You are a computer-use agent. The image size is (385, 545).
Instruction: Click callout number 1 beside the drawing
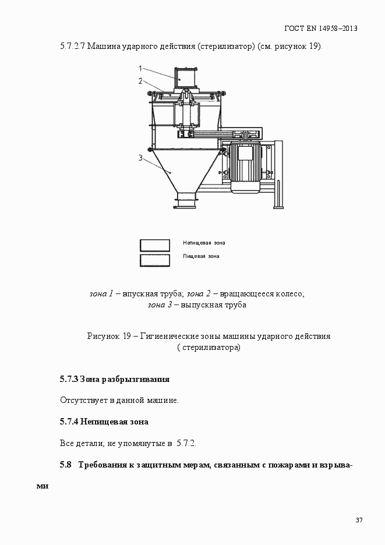pos(140,68)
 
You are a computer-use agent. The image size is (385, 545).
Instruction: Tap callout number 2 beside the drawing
pos(140,81)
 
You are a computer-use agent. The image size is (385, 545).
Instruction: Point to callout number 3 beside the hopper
pos(140,157)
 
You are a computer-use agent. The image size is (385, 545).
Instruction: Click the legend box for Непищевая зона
pos(155,245)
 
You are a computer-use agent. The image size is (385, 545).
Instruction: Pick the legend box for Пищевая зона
pos(155,260)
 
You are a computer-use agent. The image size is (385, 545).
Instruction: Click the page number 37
pos(359,520)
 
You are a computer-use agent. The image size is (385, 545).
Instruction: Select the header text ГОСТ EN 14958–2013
pos(320,28)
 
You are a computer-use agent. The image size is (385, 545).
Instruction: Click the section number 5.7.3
pos(68,379)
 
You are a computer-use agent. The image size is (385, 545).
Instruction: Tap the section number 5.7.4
pos(68,422)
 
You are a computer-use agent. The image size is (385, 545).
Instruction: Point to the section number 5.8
pos(65,465)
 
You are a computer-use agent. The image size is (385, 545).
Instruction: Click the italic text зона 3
pos(160,305)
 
